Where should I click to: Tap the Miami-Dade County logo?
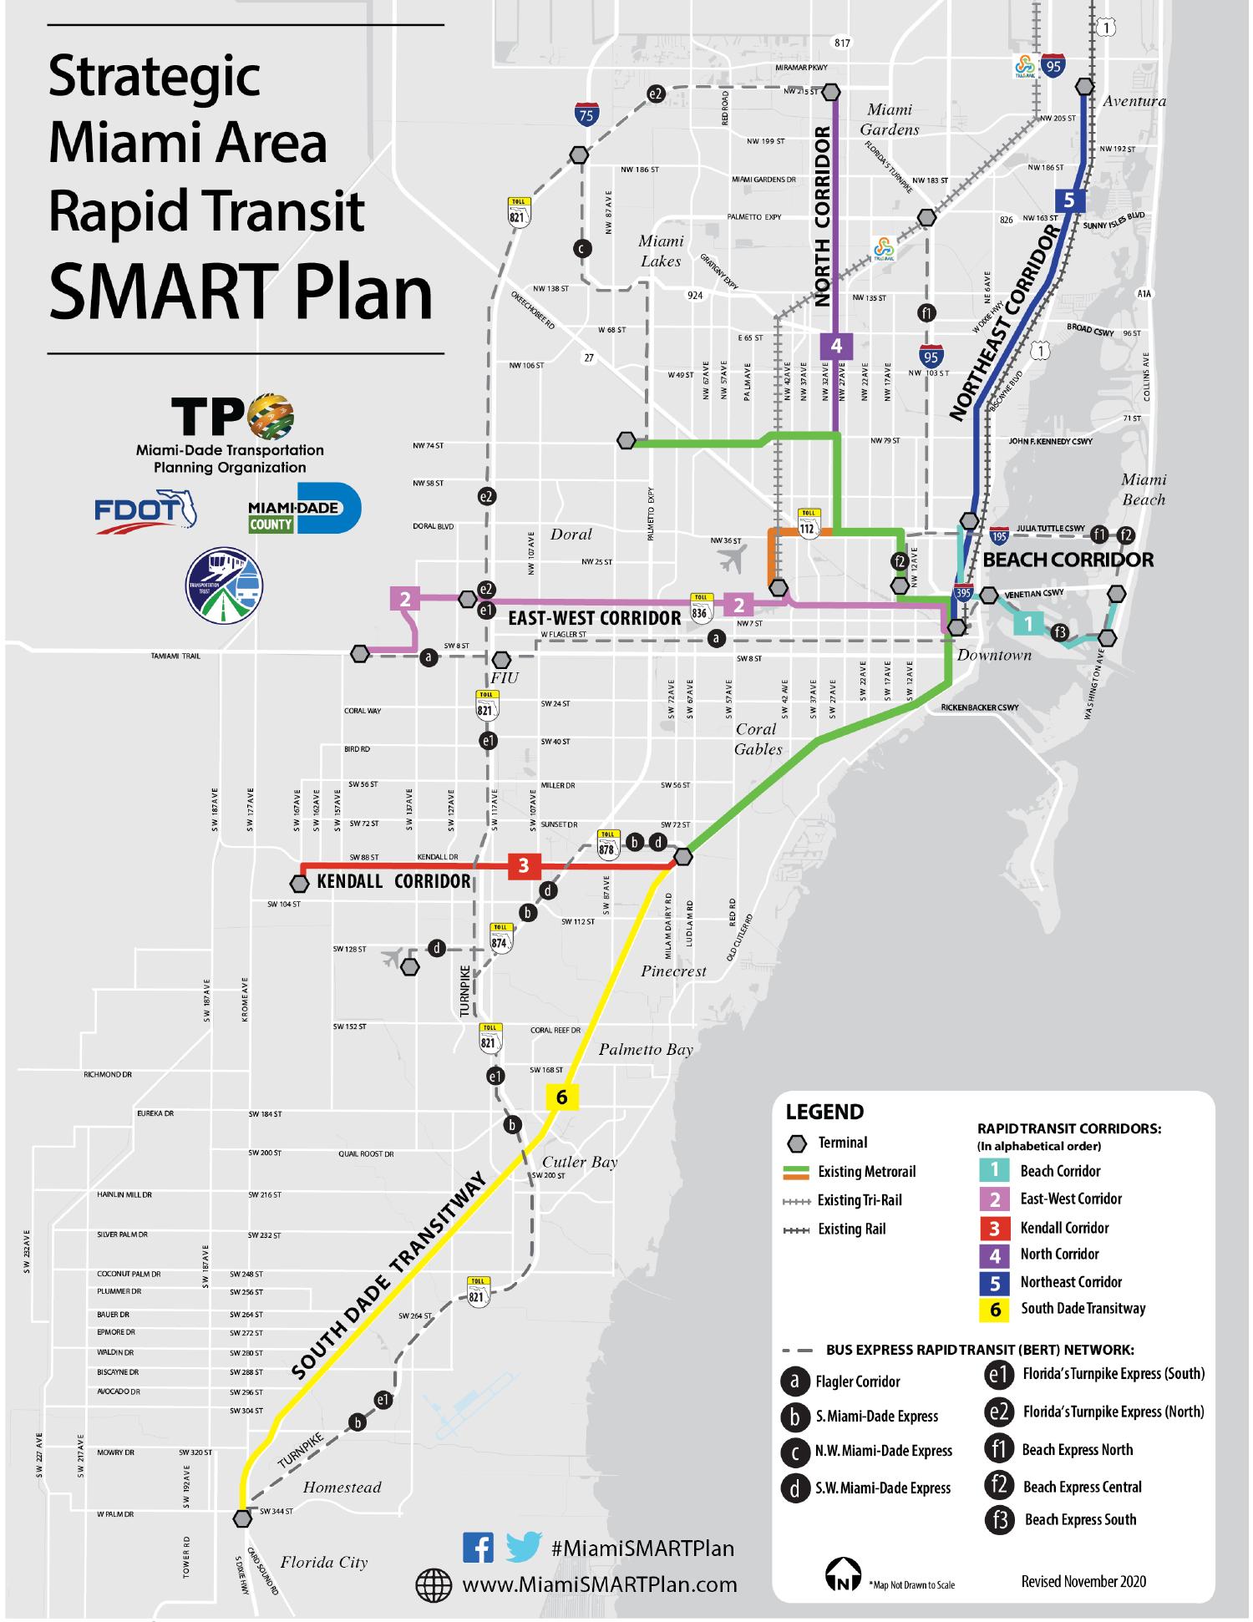click(x=304, y=507)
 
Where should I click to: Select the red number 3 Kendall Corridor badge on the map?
click(x=524, y=865)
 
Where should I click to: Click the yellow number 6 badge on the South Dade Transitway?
click(x=561, y=1097)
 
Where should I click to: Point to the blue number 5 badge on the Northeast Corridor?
click(x=1069, y=200)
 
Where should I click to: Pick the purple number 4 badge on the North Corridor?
click(x=836, y=345)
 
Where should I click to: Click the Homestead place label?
click(x=342, y=1487)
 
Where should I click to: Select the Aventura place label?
click(x=1134, y=101)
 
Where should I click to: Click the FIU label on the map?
click(x=505, y=677)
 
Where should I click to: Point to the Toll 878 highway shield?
click(x=606, y=844)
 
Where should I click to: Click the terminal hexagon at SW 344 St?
click(x=243, y=1518)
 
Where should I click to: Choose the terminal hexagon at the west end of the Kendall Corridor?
click(x=300, y=883)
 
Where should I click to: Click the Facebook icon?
click(x=478, y=1548)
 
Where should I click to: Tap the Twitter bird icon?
click(x=524, y=1548)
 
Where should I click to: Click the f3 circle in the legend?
click(x=997, y=1519)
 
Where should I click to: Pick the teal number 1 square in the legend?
click(x=994, y=1170)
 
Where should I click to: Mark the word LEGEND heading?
click(x=824, y=1112)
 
